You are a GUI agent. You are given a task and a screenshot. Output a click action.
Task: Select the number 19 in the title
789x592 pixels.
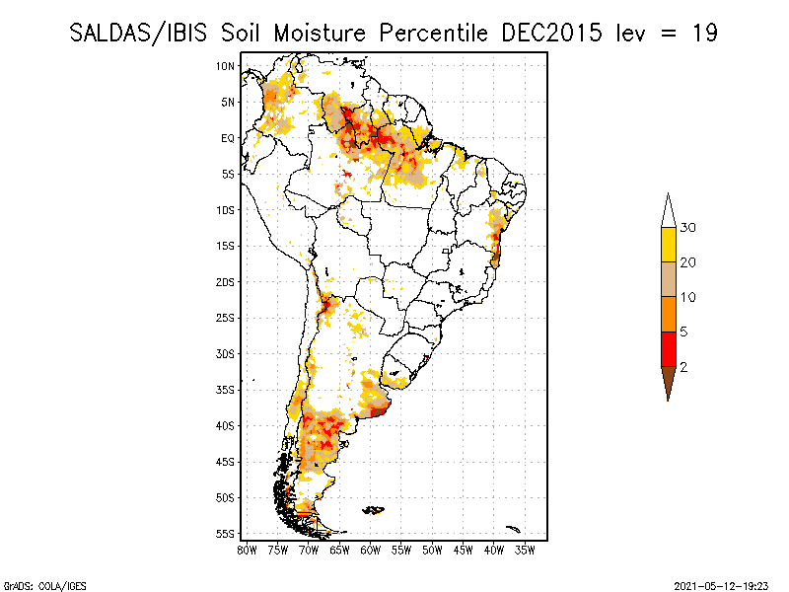704,32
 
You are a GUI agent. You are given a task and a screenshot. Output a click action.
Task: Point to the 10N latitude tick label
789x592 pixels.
226,66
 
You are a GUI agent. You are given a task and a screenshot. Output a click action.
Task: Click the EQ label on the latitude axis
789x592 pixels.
228,138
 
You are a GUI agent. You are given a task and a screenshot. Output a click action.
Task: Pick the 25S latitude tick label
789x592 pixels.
226,318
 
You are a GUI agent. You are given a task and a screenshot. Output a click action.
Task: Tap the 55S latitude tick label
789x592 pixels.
226,534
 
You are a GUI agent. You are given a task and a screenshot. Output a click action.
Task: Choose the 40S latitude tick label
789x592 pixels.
226,426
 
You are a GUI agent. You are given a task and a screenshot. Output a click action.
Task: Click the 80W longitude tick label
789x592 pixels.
247,550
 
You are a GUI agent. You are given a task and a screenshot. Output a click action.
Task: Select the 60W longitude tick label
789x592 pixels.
371,550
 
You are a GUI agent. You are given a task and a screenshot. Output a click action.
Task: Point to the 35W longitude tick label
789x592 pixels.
526,550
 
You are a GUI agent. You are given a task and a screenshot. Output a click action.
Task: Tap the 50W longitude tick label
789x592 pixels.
433,550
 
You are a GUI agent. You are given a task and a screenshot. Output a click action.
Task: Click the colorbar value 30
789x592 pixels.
689,228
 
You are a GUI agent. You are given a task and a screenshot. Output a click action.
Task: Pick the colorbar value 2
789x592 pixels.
684,367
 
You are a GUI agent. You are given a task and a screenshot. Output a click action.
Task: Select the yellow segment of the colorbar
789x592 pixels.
668,245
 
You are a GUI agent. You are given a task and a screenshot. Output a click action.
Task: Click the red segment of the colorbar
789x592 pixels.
668,349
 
